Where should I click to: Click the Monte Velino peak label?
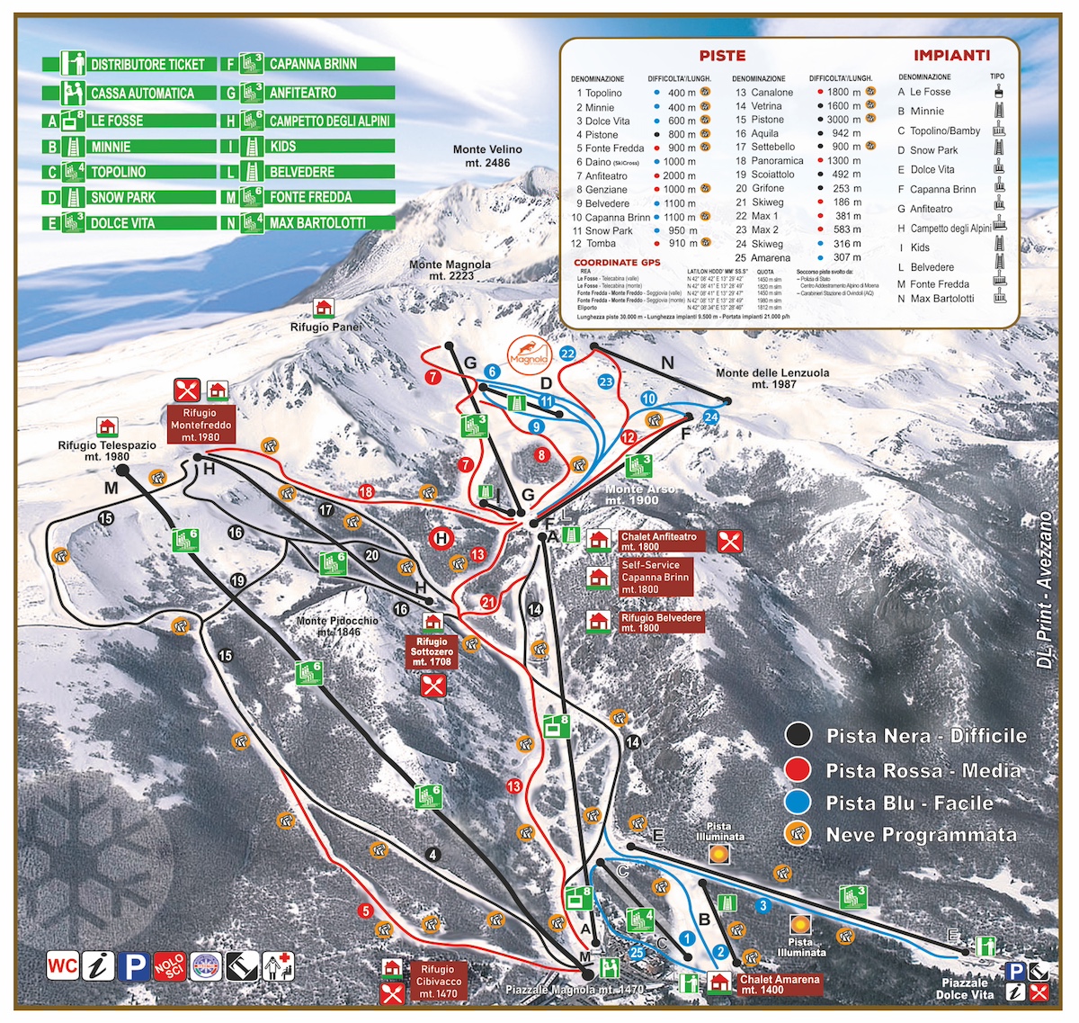coord(487,157)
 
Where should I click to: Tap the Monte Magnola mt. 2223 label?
coord(450,270)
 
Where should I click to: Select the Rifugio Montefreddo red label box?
coord(201,425)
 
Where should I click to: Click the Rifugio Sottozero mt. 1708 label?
coord(432,652)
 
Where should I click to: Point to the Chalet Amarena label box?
coord(779,984)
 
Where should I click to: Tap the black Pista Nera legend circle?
coord(798,735)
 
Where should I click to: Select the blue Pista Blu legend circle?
coord(798,803)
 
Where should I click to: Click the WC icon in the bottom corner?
coord(62,967)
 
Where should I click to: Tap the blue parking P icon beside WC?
coord(134,967)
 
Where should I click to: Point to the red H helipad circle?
coord(441,539)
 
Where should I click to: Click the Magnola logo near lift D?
coord(528,352)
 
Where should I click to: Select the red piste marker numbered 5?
coord(364,911)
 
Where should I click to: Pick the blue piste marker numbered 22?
coord(567,354)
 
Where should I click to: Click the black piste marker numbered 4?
coord(433,855)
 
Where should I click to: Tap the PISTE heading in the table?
coord(722,56)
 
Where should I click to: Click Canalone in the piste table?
coord(771,92)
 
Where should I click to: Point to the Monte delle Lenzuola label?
coord(772,378)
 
